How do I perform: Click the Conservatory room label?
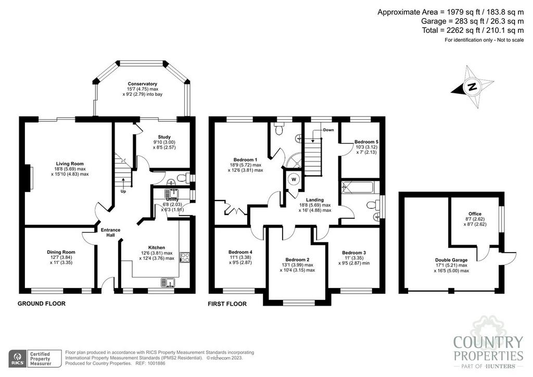click(x=143, y=84)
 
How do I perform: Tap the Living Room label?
click(x=70, y=164)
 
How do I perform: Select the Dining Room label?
click(x=61, y=252)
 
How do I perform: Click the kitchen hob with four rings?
click(x=185, y=257)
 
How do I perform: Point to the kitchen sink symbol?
click(x=168, y=282)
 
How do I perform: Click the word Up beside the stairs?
click(x=123, y=192)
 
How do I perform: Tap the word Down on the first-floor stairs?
click(x=328, y=130)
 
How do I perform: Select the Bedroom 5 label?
click(x=366, y=142)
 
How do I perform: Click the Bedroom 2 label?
click(x=297, y=260)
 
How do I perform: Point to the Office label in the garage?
click(x=475, y=214)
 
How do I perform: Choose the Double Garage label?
click(x=451, y=260)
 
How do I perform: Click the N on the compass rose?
click(x=472, y=86)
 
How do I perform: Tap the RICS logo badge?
click(x=18, y=359)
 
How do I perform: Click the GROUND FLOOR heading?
click(x=42, y=304)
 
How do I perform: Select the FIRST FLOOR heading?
click(x=227, y=304)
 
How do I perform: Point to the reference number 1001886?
click(x=156, y=363)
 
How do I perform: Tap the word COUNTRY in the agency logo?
click(x=488, y=343)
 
